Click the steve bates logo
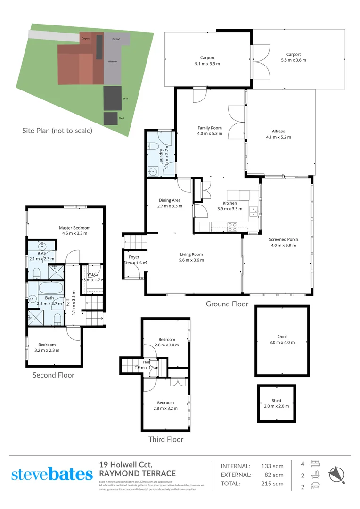(51, 474)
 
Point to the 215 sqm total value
(272, 484)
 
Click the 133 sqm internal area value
(272, 466)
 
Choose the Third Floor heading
(165, 439)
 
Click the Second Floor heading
(53, 375)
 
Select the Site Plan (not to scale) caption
(57, 131)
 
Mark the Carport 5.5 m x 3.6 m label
(293, 57)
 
